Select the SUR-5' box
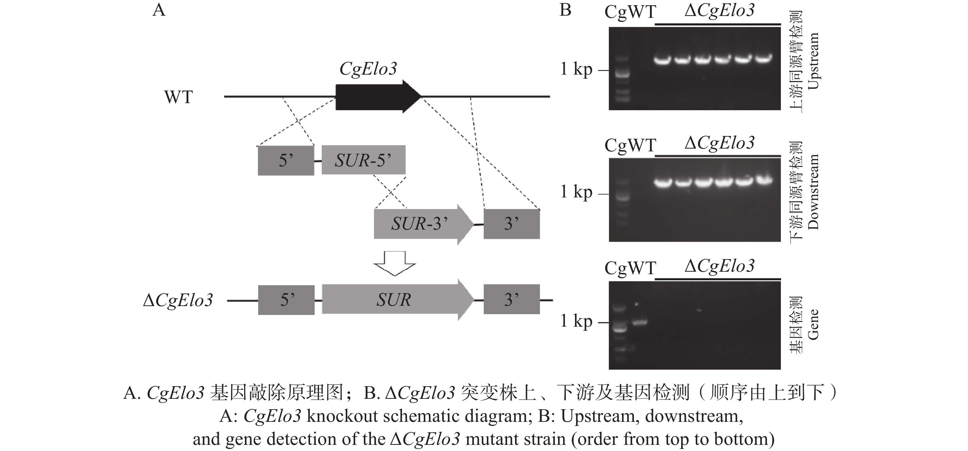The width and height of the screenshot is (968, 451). tap(363, 160)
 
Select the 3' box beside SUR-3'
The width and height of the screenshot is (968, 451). tap(511, 224)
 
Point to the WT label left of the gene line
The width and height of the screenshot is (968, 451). tap(179, 97)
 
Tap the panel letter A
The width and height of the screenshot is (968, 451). tap(159, 10)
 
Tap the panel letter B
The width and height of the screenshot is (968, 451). tap(565, 10)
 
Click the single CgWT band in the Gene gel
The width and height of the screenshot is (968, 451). tap(640, 322)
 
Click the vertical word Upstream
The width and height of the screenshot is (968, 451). tap(813, 61)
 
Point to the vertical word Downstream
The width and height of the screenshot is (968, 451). tap(813, 192)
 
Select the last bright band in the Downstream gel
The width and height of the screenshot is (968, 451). tap(764, 181)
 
